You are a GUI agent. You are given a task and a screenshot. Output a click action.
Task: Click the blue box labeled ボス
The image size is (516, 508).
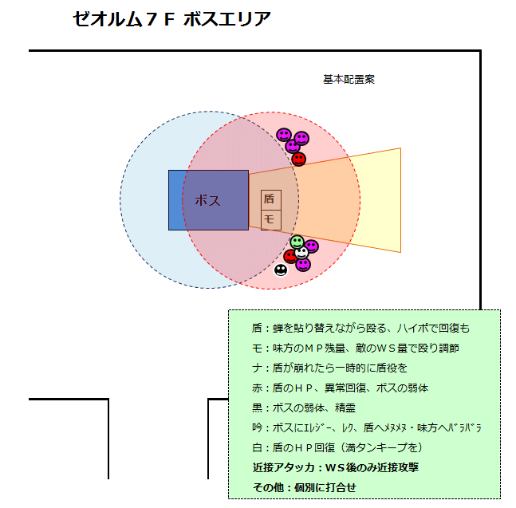pos(208,200)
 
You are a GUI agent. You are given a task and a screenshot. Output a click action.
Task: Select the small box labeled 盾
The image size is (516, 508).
pos(270,199)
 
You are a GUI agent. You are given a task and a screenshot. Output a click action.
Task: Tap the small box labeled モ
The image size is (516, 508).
pos(270,219)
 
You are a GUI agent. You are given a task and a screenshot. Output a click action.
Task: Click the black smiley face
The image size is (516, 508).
pos(281,270)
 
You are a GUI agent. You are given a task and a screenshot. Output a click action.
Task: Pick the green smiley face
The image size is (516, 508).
pos(297,241)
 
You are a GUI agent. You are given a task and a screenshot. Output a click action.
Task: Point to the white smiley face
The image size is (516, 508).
pos(301,253)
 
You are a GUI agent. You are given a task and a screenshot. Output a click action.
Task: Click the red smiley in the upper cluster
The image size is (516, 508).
pos(298,159)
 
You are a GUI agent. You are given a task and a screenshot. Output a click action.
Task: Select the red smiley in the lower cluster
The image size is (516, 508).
pos(290,256)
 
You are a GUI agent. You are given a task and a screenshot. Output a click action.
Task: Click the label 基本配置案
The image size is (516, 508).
pos(349,79)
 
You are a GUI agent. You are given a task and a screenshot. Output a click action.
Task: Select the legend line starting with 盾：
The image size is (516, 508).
pos(360,328)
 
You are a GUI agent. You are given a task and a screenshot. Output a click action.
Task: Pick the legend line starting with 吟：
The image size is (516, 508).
pos(365,427)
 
